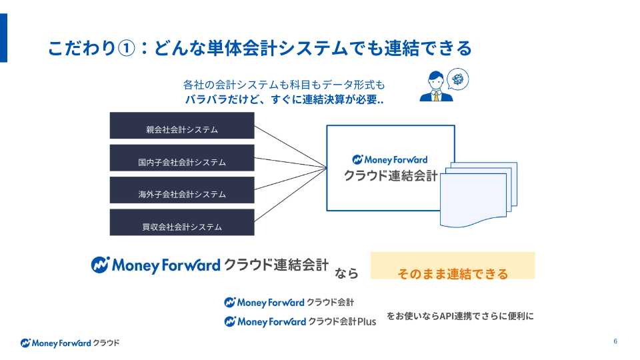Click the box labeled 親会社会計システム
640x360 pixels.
click(182, 126)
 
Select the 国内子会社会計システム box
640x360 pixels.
click(182, 158)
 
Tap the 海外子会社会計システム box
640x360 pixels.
click(182, 190)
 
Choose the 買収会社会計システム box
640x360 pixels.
click(182, 223)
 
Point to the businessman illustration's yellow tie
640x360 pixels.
click(436, 96)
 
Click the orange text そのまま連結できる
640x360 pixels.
click(453, 273)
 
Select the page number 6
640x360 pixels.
click(615, 342)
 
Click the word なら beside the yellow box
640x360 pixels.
click(347, 273)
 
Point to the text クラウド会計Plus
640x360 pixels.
click(342, 321)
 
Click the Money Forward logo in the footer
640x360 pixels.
click(70, 343)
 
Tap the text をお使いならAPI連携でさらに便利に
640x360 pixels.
click(460, 316)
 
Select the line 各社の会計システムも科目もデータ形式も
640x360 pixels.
click(284, 85)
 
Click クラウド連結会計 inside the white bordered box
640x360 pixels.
click(391, 176)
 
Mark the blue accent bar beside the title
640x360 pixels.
click(3, 38)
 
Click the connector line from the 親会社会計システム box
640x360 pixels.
click(290, 147)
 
